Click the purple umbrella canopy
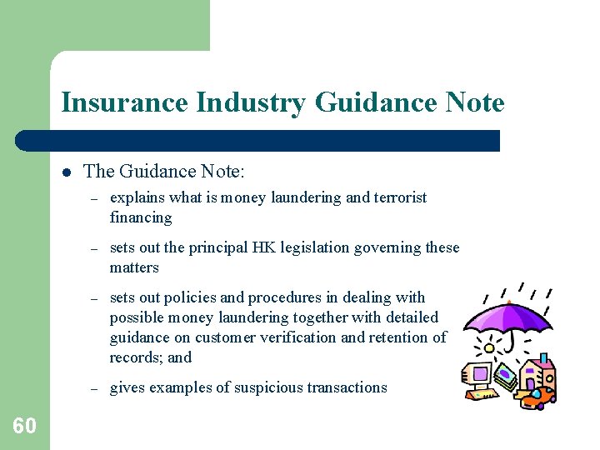coord(508,313)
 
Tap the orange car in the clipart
coord(540,397)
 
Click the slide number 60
coord(25,427)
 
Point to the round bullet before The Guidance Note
coord(66,172)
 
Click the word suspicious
coord(249,387)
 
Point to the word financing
coord(141,217)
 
